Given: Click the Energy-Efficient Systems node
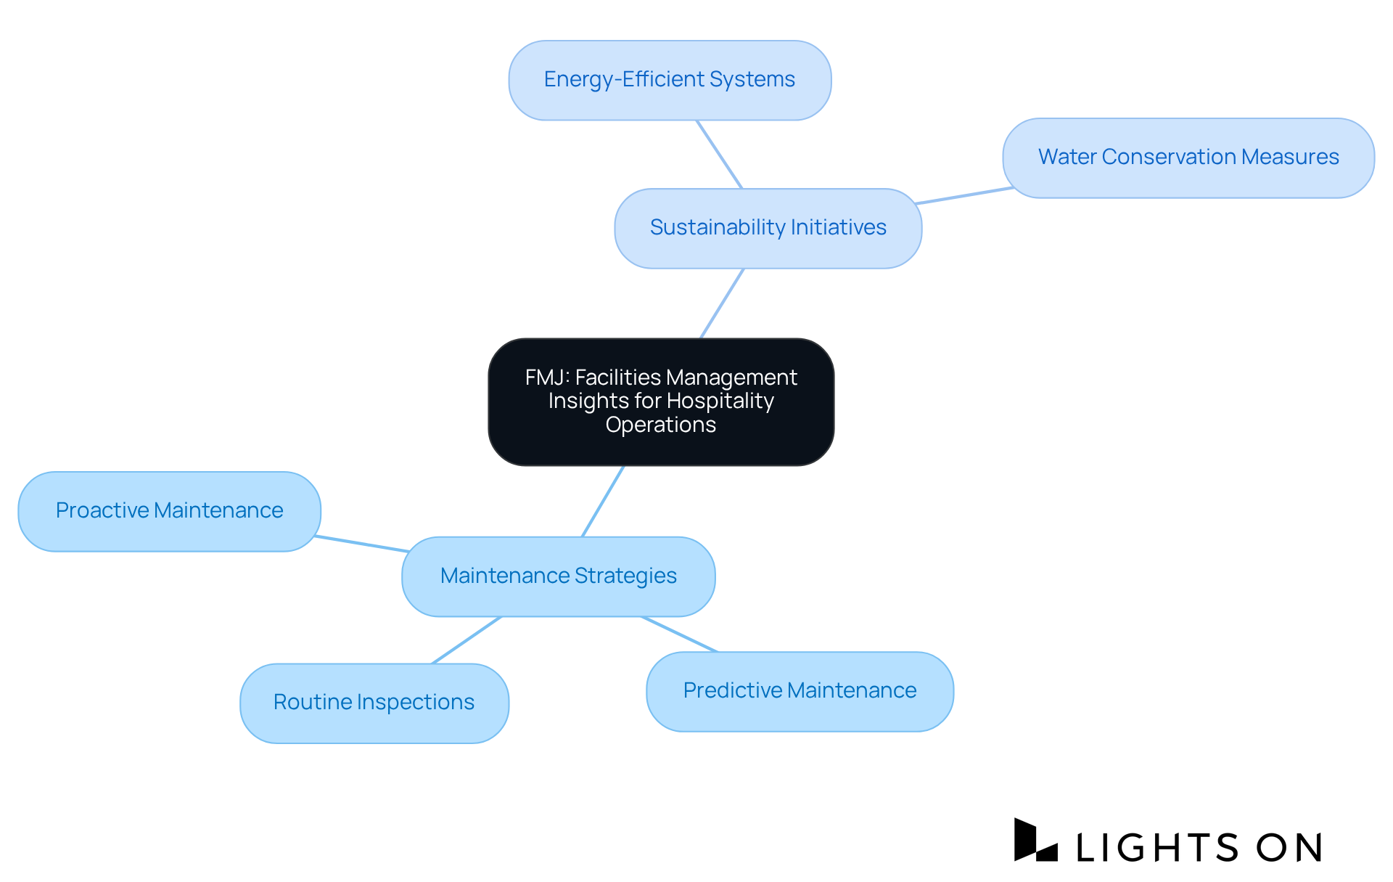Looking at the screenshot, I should coord(670,80).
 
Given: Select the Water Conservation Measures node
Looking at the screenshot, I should coord(1188,158).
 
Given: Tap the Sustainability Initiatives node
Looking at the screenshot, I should coord(768,228).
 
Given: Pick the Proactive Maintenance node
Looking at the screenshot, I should coord(169,511).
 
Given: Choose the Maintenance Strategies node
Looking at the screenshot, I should coord(558,576).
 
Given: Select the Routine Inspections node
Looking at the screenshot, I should coord(374,703).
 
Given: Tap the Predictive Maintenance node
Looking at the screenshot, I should coord(800,691).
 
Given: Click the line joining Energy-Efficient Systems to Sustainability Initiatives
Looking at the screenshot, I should coord(719,155).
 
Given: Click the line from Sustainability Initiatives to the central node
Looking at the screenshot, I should coord(722,303).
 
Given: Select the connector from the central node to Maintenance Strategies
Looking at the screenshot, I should coord(603,501).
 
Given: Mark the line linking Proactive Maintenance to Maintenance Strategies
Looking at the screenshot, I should coord(361,544).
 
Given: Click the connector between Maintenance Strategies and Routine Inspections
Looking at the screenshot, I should coord(467,640).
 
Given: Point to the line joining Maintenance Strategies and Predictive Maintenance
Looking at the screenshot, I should coord(679,634).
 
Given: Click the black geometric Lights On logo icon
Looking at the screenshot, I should coord(1035,841).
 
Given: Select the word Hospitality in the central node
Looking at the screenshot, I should coord(720,401).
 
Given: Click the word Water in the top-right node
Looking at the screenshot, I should coord(1067,157).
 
